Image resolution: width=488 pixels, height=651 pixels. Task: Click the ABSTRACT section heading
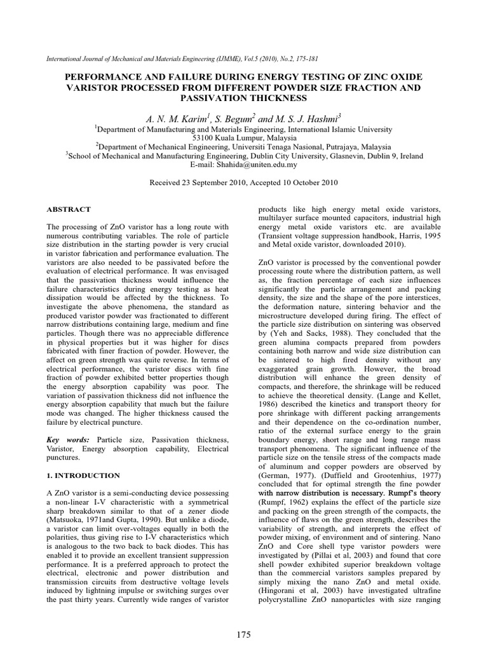pyautogui.click(x=69, y=209)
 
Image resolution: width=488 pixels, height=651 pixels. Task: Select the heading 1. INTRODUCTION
pyautogui.click(x=84, y=475)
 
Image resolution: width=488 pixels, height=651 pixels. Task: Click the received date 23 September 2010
pyautogui.click(x=218, y=182)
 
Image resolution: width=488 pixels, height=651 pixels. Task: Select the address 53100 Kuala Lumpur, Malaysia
pyautogui.click(x=244, y=137)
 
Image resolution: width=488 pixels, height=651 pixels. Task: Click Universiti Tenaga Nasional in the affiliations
pyautogui.click(x=272, y=146)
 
